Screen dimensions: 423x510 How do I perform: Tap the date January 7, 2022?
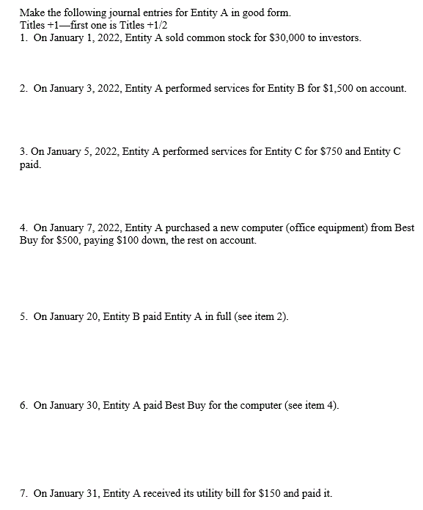point(84,228)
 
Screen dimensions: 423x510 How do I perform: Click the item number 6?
point(23,405)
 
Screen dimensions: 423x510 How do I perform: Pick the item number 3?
point(23,151)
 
